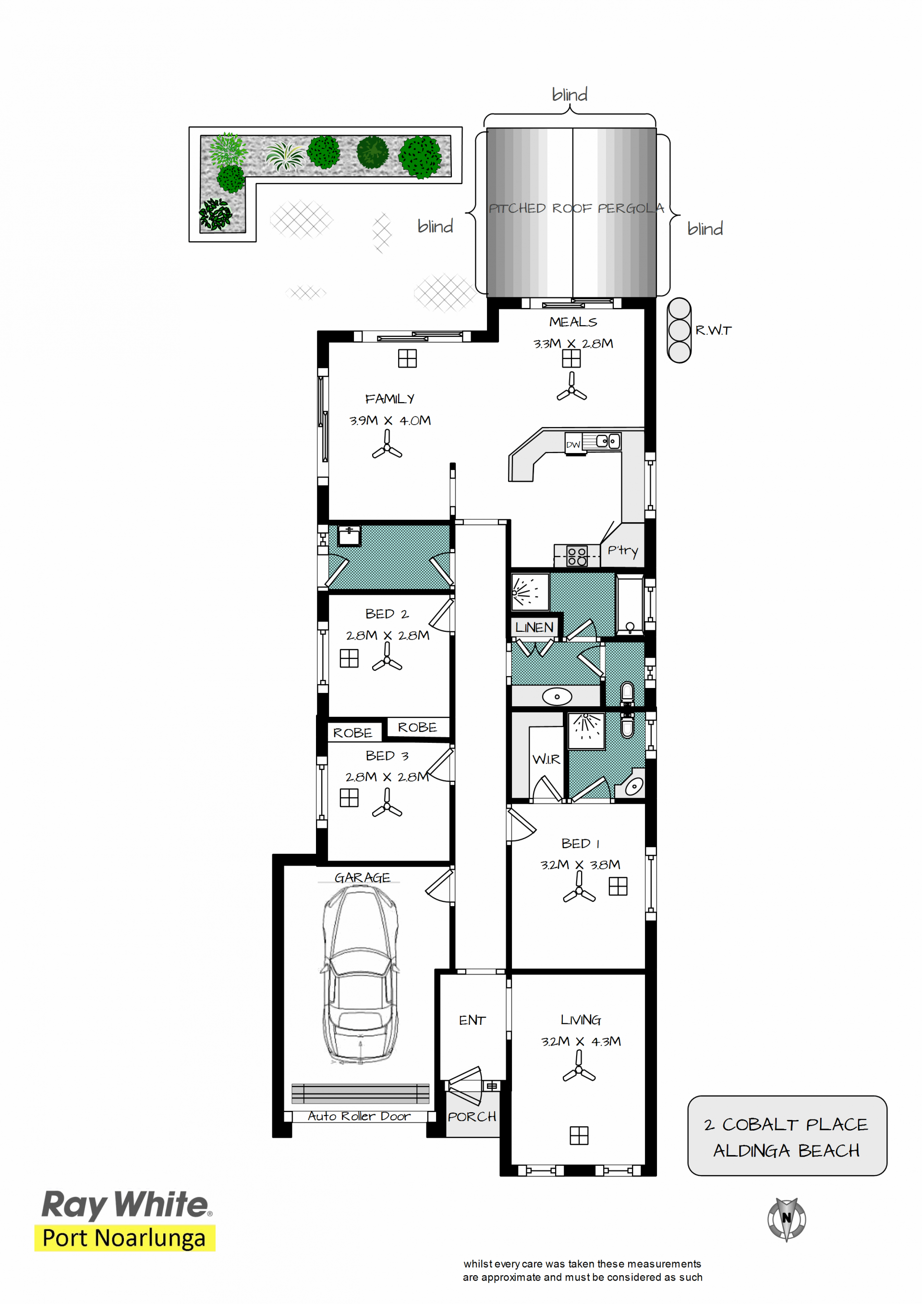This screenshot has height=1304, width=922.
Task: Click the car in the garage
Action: coord(360,974)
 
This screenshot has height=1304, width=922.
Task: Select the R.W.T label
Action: coord(714,330)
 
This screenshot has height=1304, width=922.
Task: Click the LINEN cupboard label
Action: coord(534,627)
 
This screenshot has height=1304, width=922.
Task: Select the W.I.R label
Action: coord(546,759)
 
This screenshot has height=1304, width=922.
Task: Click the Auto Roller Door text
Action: coord(359,1116)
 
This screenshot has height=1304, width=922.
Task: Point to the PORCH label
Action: coord(472,1117)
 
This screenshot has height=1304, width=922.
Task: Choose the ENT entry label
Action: coord(473,1020)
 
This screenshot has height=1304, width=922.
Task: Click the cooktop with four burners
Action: coord(577,556)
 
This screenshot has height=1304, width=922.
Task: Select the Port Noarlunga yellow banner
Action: coord(125,1238)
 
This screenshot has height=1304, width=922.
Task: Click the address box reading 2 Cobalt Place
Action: coord(787,1136)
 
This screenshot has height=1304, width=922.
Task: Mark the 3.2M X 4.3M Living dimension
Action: coord(581,1041)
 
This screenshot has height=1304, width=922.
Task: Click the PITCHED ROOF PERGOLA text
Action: coord(576,209)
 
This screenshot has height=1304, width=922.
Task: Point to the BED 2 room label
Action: coord(387,614)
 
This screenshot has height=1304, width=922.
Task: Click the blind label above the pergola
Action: coord(570,94)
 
